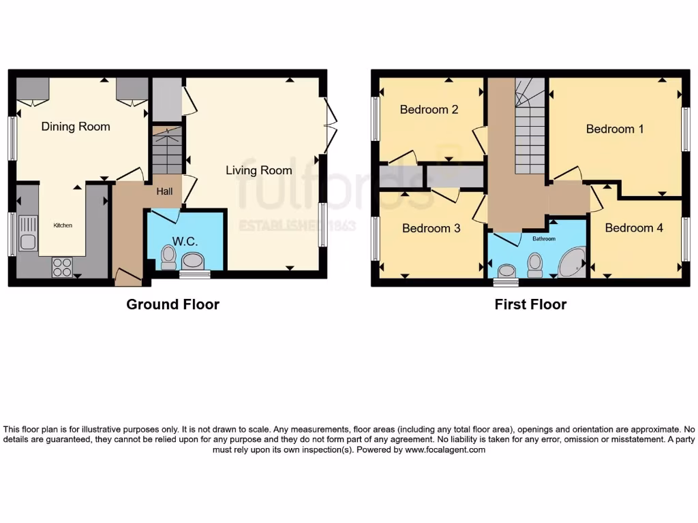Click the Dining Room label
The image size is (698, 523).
point(76,127)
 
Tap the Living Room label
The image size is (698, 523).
point(259,170)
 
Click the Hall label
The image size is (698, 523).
point(164,192)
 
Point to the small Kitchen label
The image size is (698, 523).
point(63,225)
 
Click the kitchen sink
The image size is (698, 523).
point(29,232)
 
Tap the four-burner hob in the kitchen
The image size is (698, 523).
point(62,266)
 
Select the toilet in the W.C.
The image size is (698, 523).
point(168,257)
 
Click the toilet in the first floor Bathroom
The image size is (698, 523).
point(535,264)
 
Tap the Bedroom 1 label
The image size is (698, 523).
point(615,129)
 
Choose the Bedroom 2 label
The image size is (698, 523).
point(429,110)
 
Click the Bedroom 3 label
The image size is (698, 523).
point(431,228)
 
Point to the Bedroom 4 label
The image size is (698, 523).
point(634,228)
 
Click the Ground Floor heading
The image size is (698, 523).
point(172,304)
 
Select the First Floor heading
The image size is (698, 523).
point(530,304)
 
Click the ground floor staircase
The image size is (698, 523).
point(167,151)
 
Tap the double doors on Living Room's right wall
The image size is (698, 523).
point(330,126)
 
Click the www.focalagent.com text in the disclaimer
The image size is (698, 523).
point(445,450)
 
